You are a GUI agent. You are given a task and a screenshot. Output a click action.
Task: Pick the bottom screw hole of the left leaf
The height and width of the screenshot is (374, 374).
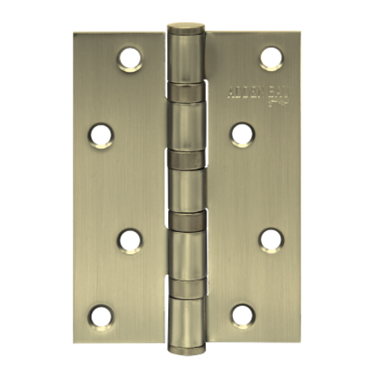[x=100, y=315]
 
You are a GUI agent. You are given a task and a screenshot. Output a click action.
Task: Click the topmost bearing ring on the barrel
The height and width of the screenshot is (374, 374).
[x=186, y=92]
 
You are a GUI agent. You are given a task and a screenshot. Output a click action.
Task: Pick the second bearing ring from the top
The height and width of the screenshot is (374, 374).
[x=186, y=159]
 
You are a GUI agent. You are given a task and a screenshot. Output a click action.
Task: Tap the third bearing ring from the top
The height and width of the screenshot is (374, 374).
[x=186, y=219]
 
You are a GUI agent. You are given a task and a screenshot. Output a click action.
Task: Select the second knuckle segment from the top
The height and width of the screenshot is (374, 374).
[x=186, y=125]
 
